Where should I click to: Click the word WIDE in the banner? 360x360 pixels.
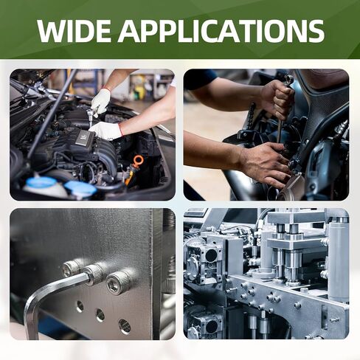(74, 31)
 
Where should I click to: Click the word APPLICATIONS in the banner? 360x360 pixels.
(221, 31)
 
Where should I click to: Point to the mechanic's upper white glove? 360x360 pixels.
(101, 101)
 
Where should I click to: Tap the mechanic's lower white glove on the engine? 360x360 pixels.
(105, 130)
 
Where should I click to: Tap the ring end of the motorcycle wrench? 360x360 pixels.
(290, 79)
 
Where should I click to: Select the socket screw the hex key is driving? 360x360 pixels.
(94, 274)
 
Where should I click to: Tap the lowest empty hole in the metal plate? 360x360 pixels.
(125, 327)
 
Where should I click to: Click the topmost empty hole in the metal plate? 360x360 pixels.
(80, 306)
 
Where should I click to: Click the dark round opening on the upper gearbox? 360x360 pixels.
(211, 255)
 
